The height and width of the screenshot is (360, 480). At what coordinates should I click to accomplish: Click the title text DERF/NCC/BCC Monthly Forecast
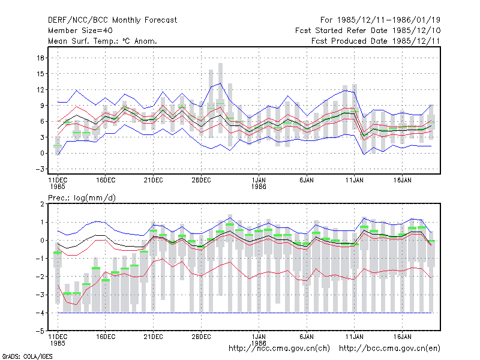pyautogui.click(x=112, y=20)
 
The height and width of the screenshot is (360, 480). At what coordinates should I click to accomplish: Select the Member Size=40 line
pyautogui.click(x=80, y=31)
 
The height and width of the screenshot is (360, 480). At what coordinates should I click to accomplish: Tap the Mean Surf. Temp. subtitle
pyautogui.click(x=103, y=41)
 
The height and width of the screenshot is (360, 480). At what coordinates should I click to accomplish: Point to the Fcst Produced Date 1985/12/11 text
pyautogui.click(x=376, y=41)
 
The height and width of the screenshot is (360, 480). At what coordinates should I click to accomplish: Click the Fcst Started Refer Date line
pyautogui.click(x=368, y=31)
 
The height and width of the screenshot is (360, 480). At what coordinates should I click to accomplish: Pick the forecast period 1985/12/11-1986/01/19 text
pyautogui.click(x=380, y=20)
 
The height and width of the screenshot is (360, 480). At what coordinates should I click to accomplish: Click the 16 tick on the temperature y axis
pyautogui.click(x=41, y=58)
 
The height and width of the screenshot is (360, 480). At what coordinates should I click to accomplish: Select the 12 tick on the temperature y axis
pyautogui.click(x=41, y=89)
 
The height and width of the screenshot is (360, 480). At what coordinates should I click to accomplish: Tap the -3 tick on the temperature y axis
pyautogui.click(x=40, y=169)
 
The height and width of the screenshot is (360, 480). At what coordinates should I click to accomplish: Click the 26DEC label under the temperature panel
pyautogui.click(x=201, y=180)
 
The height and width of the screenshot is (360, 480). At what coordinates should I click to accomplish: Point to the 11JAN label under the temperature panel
pyautogui.click(x=355, y=180)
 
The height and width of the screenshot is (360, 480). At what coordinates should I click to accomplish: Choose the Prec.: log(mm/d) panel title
pyautogui.click(x=82, y=198)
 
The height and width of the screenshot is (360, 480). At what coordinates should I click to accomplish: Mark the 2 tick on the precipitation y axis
pyautogui.click(x=42, y=204)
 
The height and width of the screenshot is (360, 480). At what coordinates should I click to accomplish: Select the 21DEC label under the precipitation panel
pyautogui.click(x=154, y=337)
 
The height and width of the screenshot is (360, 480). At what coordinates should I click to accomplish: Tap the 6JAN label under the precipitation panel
pyautogui.click(x=307, y=337)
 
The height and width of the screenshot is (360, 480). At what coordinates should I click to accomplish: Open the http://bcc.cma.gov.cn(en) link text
pyautogui.click(x=389, y=349)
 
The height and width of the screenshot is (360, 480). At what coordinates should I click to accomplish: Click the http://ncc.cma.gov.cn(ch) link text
pyautogui.click(x=279, y=349)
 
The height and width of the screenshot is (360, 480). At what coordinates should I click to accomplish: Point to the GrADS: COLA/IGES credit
pyautogui.click(x=27, y=356)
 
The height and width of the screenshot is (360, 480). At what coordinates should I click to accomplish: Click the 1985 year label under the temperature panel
pyautogui.click(x=58, y=187)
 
